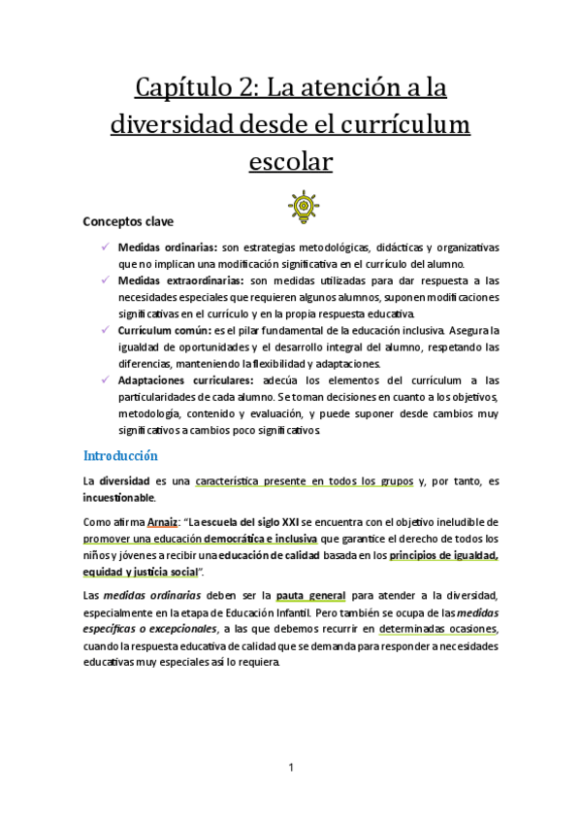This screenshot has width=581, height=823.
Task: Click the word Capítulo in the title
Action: (190, 91)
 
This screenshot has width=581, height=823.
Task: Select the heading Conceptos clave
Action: (128, 221)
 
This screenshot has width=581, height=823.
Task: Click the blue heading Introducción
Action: (120, 454)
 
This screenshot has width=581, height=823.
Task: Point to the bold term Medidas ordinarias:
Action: (168, 247)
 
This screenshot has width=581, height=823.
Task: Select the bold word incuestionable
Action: (119, 497)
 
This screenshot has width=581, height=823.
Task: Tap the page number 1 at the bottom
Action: (291, 769)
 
